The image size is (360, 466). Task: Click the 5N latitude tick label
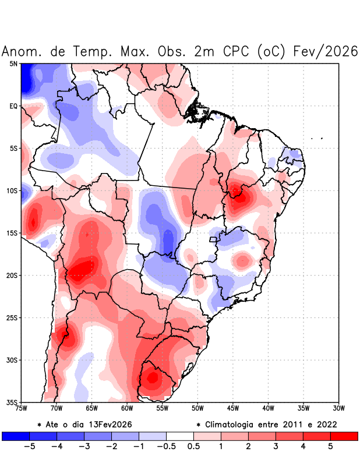pos(13,63)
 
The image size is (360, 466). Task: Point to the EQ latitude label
pos(13,106)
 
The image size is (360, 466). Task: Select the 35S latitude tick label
pos(12,403)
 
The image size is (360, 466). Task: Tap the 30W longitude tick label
pos(338,408)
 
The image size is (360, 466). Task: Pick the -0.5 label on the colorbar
pos(166,447)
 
